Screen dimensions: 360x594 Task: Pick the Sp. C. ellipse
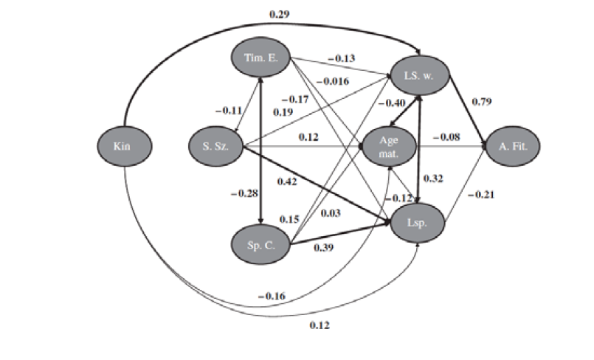pyautogui.click(x=260, y=246)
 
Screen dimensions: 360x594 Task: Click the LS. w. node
pyautogui.click(x=418, y=76)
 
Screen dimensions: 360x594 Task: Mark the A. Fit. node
pyautogui.click(x=511, y=146)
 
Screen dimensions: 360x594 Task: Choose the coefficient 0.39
pyautogui.click(x=323, y=248)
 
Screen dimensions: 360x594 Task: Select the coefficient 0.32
pyautogui.click(x=432, y=179)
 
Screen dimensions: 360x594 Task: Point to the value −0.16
pyautogui.click(x=272, y=297)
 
